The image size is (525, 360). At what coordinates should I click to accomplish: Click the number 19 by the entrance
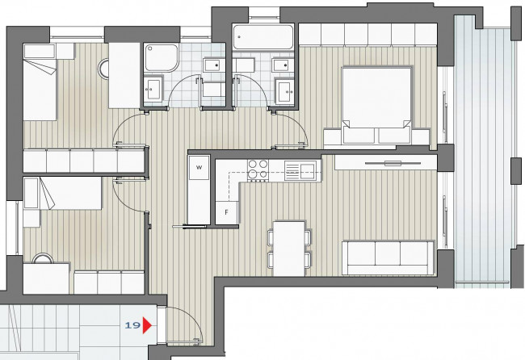(x=132, y=325)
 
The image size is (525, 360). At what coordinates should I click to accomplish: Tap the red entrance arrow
(x=147, y=325)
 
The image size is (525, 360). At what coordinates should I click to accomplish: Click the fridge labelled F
(x=226, y=212)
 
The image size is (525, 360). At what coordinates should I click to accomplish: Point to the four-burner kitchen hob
(x=258, y=170)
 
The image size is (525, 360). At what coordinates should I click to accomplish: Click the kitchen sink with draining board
(x=300, y=170)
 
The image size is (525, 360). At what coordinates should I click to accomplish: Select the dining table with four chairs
(x=289, y=249)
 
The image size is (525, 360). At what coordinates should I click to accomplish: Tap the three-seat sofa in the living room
(x=388, y=257)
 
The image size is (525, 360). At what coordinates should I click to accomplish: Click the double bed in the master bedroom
(x=376, y=105)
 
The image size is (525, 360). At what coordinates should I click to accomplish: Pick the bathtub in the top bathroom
(x=263, y=37)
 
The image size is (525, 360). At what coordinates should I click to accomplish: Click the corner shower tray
(x=162, y=57)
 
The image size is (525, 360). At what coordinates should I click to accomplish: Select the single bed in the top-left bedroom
(x=40, y=82)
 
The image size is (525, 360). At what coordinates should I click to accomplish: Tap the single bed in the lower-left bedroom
(x=63, y=194)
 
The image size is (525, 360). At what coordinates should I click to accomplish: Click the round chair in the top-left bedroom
(x=103, y=69)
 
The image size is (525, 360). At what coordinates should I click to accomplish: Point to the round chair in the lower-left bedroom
(x=43, y=258)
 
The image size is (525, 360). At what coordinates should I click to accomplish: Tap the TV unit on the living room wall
(x=386, y=162)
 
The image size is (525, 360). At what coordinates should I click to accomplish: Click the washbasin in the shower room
(x=153, y=89)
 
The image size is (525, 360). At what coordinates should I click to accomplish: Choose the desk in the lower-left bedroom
(x=46, y=278)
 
